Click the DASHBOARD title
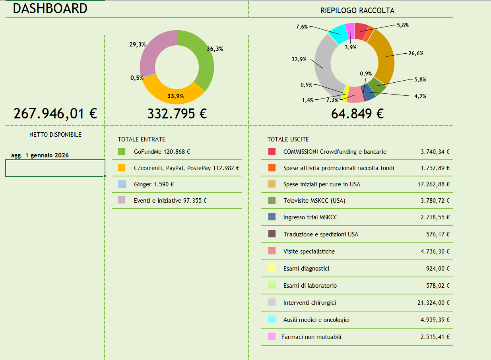coord(50,8)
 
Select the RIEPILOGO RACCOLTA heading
coord(357,11)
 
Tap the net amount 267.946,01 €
coord(55,114)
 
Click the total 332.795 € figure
coord(177,114)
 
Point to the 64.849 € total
coord(357,114)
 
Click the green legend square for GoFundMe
coord(122,151)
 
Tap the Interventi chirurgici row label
coord(309,303)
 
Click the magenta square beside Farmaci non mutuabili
coord(272,337)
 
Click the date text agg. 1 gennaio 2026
coord(40,155)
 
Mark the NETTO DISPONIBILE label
coord(55,135)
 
